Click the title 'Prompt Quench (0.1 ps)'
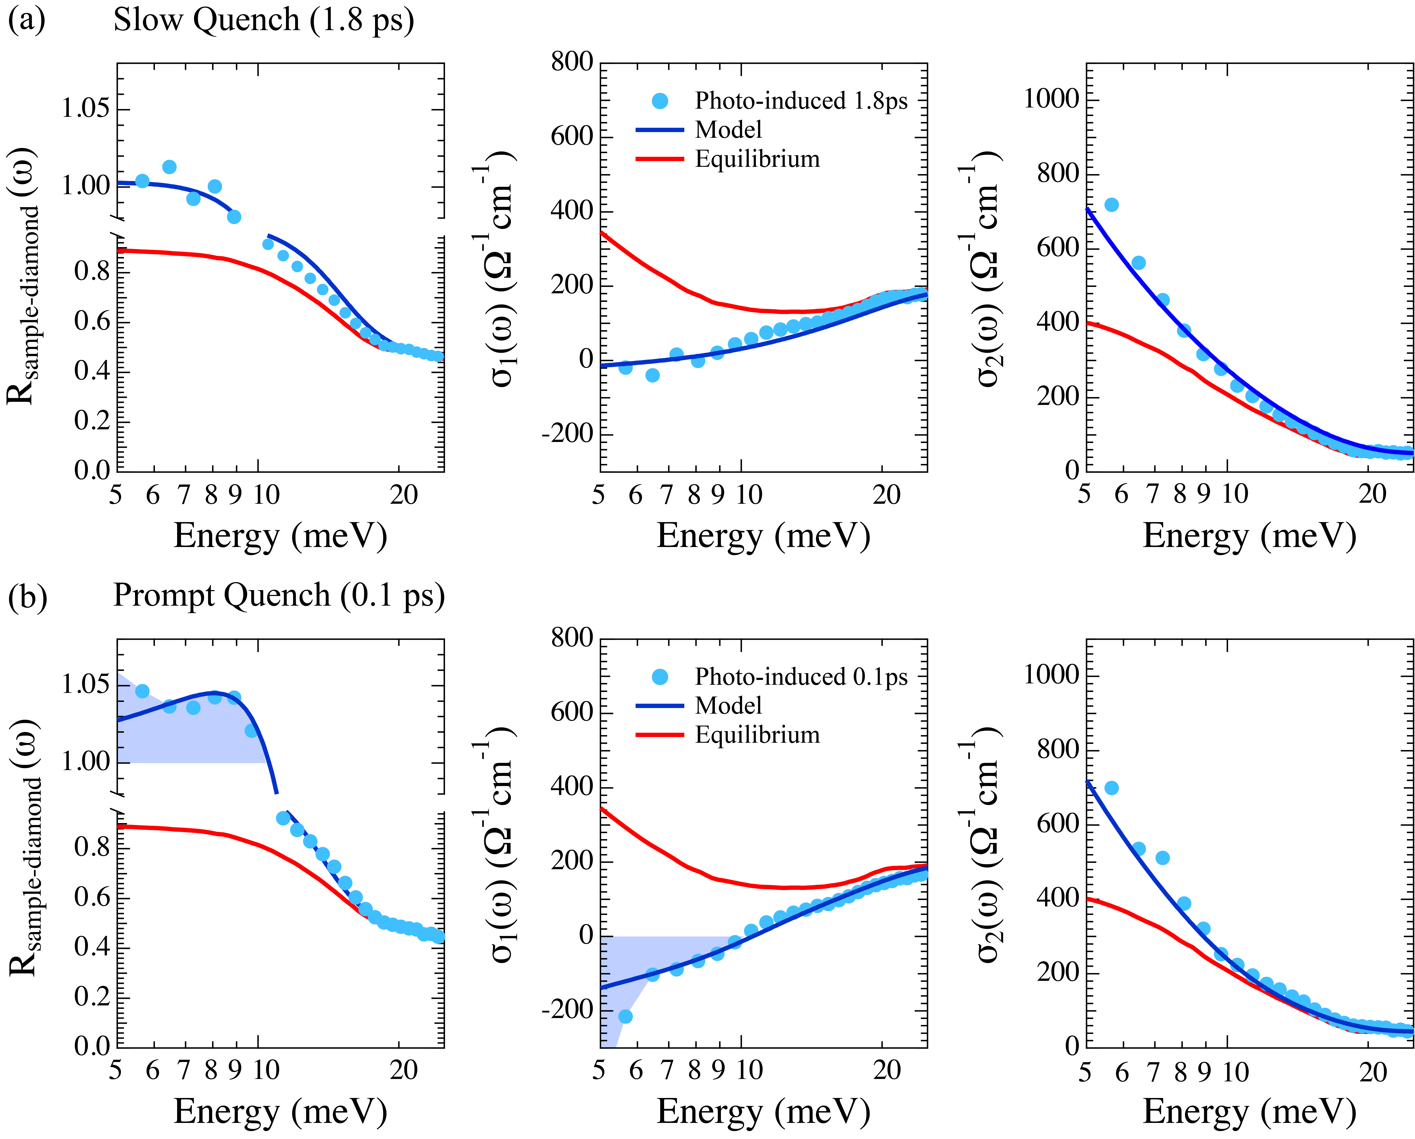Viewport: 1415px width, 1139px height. coord(279,596)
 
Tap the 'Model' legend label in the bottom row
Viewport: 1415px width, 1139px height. coord(729,706)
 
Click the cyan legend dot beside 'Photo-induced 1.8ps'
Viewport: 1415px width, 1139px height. coord(660,101)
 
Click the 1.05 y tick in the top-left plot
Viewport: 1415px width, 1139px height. coord(85,108)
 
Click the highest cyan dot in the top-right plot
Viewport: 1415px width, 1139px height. coord(1111,205)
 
